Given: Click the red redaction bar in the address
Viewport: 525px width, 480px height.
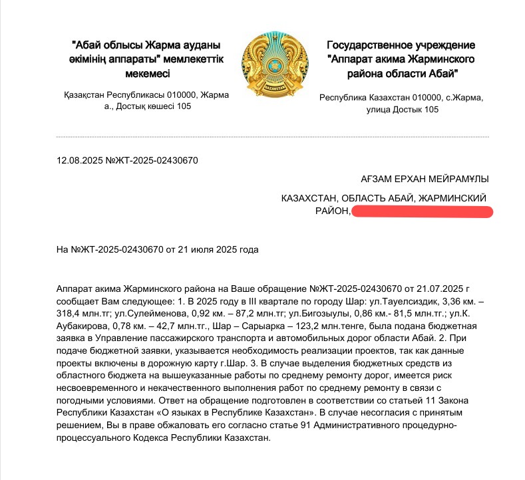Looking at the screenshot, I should [422, 211].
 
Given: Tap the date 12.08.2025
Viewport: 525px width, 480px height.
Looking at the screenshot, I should [81, 161].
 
